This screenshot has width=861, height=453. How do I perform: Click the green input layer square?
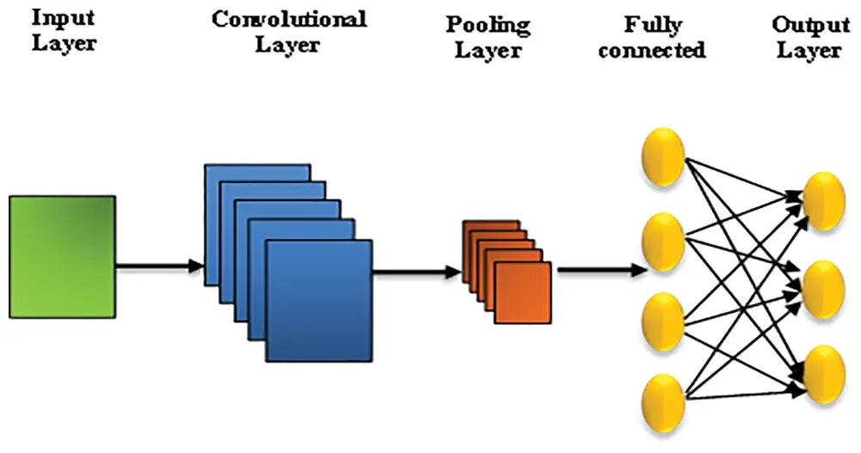tap(63, 257)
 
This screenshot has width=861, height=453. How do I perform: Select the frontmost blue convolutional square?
tap(319, 301)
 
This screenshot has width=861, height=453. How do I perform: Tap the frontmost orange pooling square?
tap(523, 293)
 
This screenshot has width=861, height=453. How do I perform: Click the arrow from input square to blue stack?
tap(160, 266)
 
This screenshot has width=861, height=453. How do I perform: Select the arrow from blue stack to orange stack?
tap(417, 272)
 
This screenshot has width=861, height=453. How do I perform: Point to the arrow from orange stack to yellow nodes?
tap(602, 269)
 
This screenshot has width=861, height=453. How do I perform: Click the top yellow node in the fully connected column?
tap(664, 157)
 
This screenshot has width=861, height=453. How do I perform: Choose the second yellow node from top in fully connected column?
tap(664, 242)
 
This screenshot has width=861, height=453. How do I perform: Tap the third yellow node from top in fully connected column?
tap(664, 322)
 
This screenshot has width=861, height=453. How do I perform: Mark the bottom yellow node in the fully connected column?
tap(664, 403)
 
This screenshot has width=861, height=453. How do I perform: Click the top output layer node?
tap(824, 201)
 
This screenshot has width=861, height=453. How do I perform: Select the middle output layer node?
tap(824, 290)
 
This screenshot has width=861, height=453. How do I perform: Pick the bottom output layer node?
tap(824, 375)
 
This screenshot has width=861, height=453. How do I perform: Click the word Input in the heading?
tap(63, 18)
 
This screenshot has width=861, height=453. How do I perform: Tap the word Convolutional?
tap(289, 20)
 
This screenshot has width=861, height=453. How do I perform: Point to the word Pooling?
tap(489, 26)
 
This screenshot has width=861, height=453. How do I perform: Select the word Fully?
tap(653, 25)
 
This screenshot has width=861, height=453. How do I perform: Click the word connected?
tap(652, 50)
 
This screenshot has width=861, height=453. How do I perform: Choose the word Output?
tap(810, 25)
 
